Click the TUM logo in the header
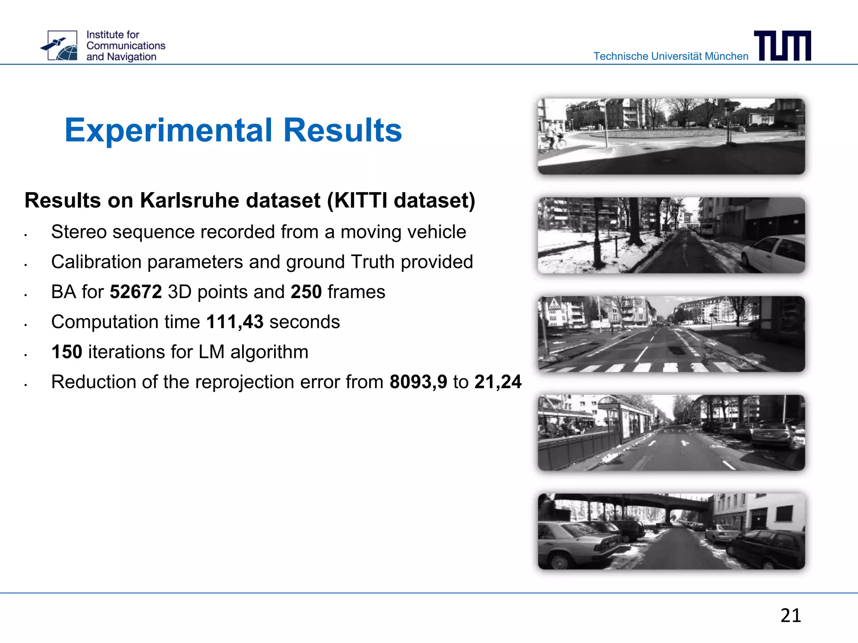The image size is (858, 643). (782, 46)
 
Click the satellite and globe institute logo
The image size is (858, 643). (59, 46)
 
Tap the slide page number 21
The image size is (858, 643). (791, 615)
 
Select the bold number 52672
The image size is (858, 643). (136, 292)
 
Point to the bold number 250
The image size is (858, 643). (306, 292)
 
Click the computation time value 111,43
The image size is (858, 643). (235, 322)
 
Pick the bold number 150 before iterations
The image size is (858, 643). (67, 352)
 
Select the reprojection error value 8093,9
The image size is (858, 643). (418, 382)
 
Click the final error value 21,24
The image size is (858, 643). (498, 382)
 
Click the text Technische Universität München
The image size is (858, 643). (670, 56)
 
